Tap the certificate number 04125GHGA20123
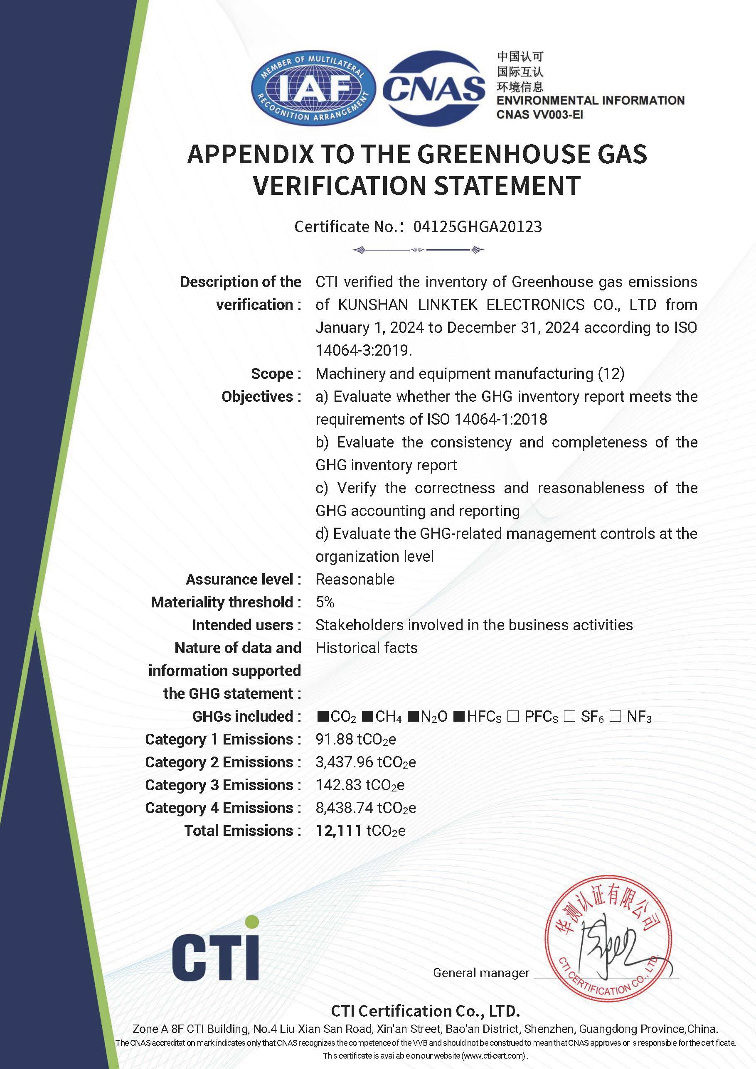[x=478, y=227]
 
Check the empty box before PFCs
[x=513, y=716]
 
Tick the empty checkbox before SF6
[x=569, y=716]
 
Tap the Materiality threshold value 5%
[x=325, y=602]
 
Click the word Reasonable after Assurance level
[x=355, y=579]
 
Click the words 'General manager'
[x=481, y=973]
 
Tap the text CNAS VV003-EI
[x=539, y=115]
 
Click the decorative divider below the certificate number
[x=418, y=250]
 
